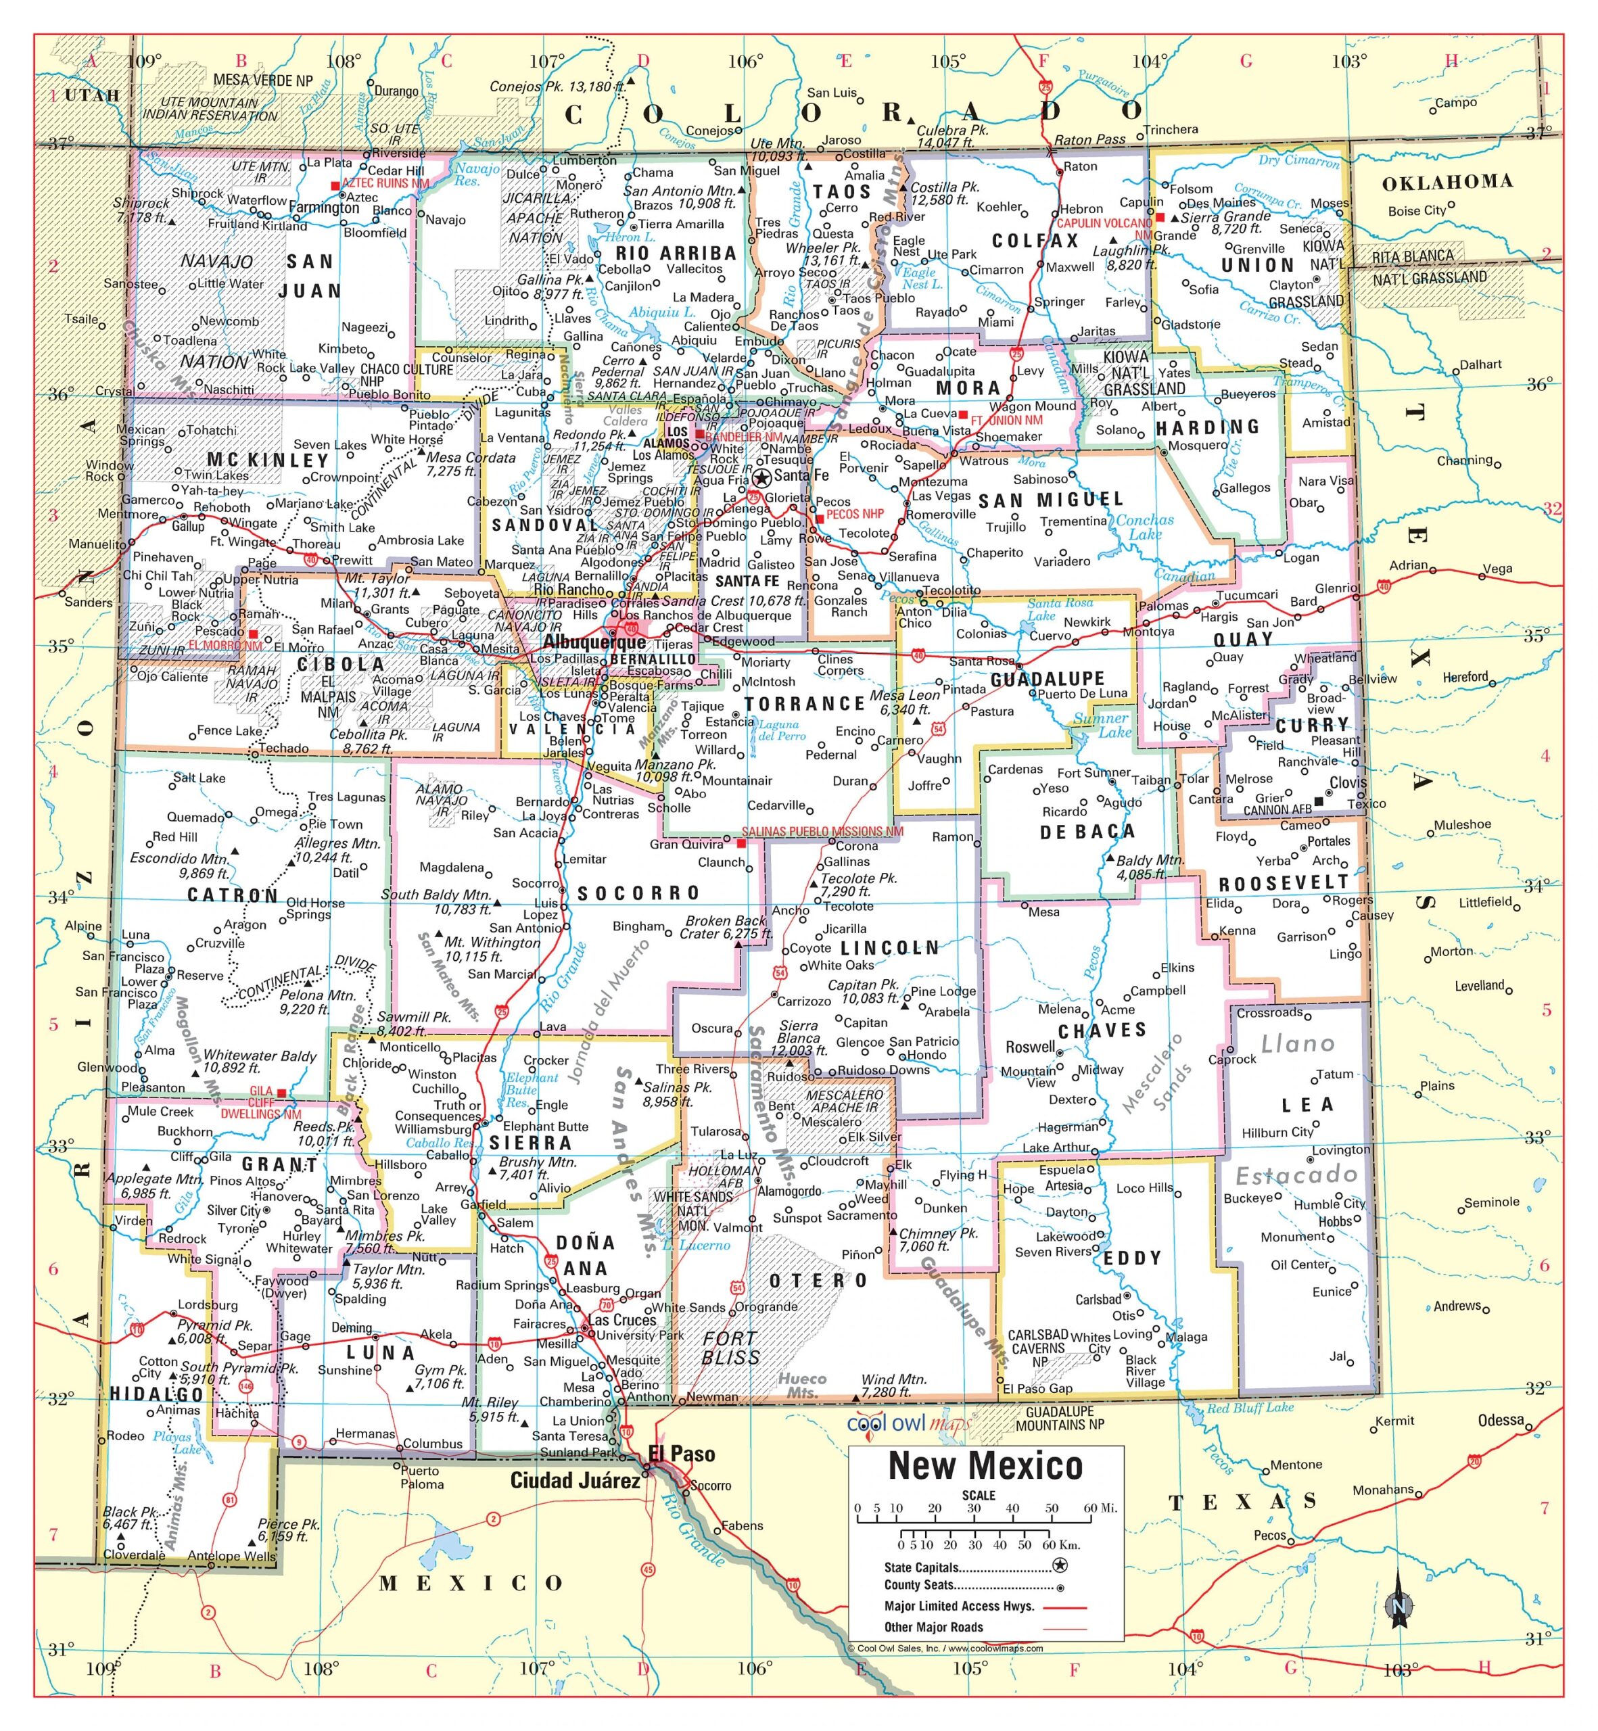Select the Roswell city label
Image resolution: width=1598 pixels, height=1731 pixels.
tap(1030, 1047)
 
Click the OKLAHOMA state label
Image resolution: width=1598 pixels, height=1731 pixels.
tap(1447, 183)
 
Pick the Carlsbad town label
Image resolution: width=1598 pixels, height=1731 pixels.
tap(1098, 1300)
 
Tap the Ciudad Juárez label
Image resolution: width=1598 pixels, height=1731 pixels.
tap(575, 1481)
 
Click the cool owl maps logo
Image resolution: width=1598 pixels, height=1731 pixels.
tap(908, 1424)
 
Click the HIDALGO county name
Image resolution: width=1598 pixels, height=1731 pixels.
tap(156, 1394)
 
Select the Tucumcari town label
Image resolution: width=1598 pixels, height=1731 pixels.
tap(1247, 595)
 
